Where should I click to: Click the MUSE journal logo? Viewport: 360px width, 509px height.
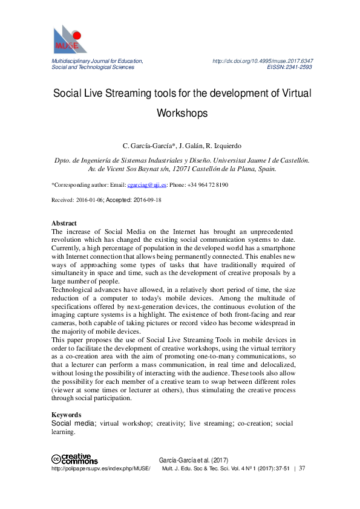pos(70,39)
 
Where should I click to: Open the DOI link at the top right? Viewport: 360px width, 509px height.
pos(263,61)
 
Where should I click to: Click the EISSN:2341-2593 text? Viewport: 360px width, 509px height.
pos(290,68)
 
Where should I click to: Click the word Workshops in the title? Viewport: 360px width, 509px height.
pos(182,113)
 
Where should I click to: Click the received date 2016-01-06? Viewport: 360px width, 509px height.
pos(88,199)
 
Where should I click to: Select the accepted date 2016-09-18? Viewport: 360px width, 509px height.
pos(147,199)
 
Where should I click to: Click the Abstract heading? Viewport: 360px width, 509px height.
pos(64,223)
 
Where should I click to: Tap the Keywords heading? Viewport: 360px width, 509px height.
pos(67,415)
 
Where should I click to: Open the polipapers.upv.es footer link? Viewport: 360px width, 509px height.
pos(100,468)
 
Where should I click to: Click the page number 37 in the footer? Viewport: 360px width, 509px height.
pos(302,468)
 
